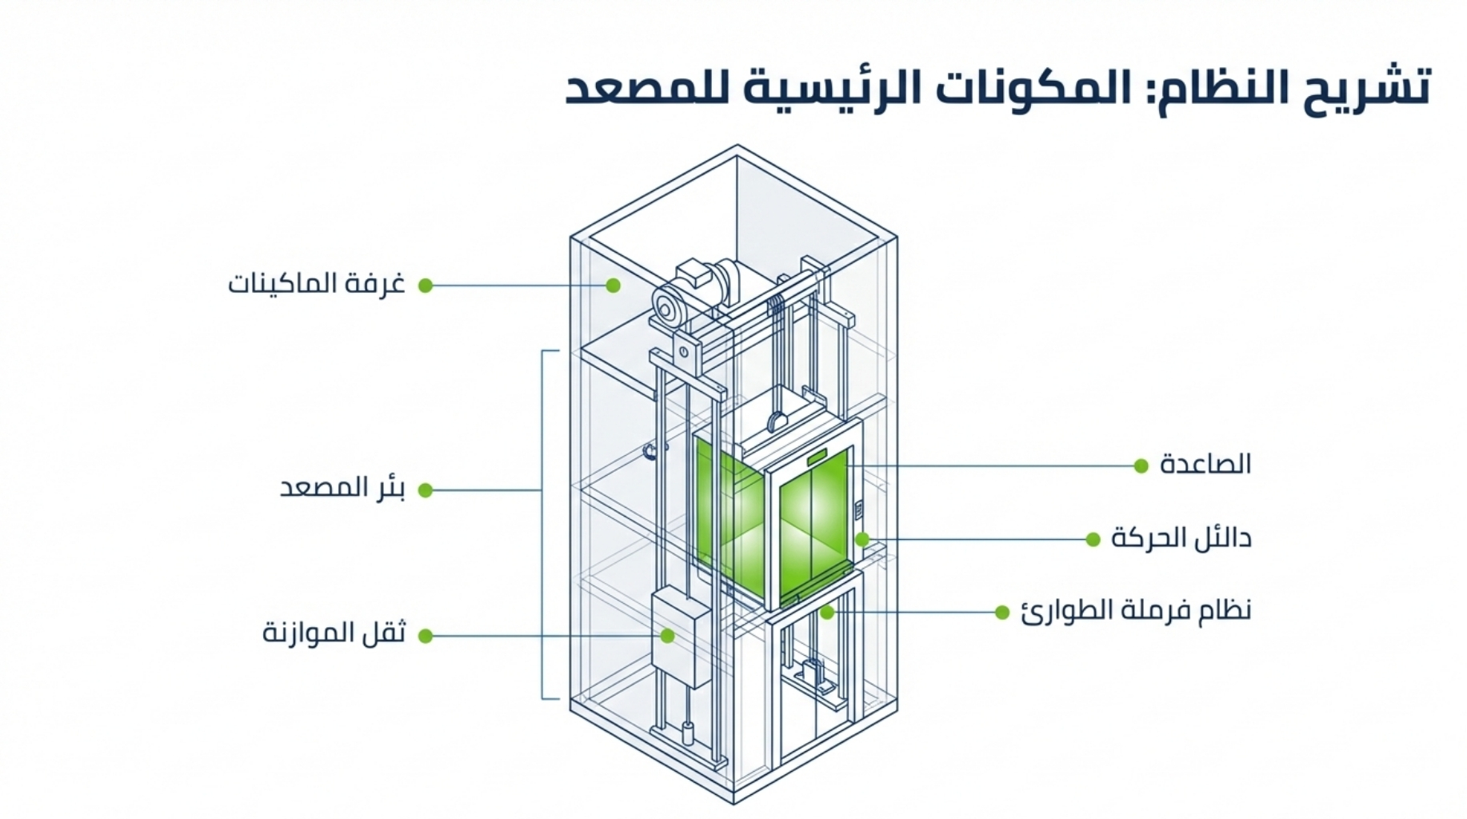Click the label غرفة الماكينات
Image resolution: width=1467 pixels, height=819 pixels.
tap(317, 284)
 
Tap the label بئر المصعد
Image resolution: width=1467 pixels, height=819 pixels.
tap(342, 488)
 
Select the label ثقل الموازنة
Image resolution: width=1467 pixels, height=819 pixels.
tap(334, 633)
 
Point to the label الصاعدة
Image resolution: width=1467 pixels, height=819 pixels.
tap(1205, 464)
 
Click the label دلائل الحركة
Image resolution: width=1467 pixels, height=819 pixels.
tap(1181, 538)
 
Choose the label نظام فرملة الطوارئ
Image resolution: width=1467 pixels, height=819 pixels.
tap(1136, 611)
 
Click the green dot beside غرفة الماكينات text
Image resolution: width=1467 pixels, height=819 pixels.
tap(426, 286)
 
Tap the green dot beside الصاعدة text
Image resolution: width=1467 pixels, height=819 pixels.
tap(1141, 465)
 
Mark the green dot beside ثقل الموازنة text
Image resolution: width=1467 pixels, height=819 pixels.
tap(426, 636)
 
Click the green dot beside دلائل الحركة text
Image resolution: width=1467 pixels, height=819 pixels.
tap(1093, 540)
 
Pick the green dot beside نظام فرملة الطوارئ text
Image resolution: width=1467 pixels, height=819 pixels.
tap(1002, 613)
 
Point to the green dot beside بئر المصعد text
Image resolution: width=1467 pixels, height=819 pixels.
tap(426, 490)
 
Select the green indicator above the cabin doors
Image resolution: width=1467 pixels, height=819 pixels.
tap(817, 457)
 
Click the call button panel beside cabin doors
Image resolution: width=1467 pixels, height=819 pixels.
tap(859, 509)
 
